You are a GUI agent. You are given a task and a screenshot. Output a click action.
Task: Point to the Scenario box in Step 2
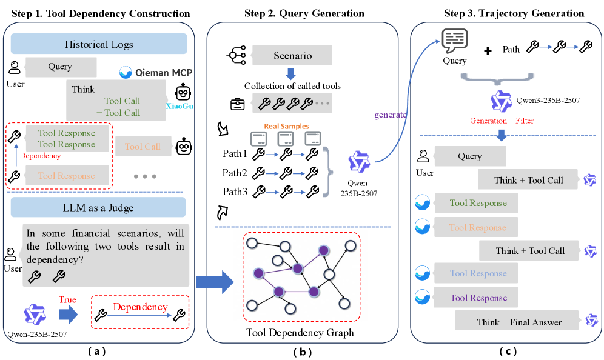pyautogui.click(x=292, y=56)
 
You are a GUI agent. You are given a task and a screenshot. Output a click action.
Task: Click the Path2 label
pyautogui.click(x=235, y=172)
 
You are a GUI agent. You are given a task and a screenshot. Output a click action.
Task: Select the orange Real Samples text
pyautogui.click(x=286, y=126)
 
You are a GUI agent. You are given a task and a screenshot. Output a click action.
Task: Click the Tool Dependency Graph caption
pyautogui.click(x=300, y=332)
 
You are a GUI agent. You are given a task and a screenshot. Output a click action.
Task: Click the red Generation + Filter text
pyautogui.click(x=501, y=121)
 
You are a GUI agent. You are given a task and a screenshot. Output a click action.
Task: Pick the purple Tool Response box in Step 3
pyautogui.click(x=478, y=298)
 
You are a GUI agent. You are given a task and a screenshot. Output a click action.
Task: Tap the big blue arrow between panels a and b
pyautogui.click(x=215, y=282)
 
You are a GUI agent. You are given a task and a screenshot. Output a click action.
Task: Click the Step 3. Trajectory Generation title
pyautogui.click(x=505, y=13)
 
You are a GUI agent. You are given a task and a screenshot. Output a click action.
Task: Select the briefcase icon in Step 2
pyautogui.click(x=237, y=104)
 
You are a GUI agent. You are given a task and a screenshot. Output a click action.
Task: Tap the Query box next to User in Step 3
pyautogui.click(x=469, y=156)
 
